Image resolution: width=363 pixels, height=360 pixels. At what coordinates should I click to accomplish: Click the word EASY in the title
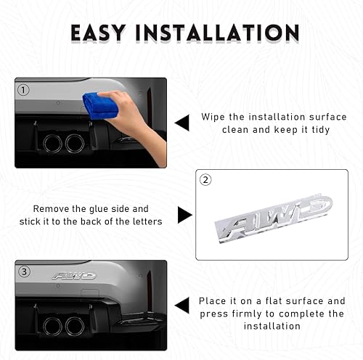(105, 33)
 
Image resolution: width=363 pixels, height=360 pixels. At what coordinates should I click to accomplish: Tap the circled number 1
(24, 91)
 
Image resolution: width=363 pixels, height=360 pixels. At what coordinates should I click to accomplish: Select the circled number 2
(205, 179)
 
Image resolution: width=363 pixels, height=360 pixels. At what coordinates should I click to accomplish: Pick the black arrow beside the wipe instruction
(181, 123)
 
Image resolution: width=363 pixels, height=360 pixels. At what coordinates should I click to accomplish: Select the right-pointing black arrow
(185, 215)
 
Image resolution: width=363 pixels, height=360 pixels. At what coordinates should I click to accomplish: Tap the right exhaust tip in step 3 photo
(75, 326)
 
